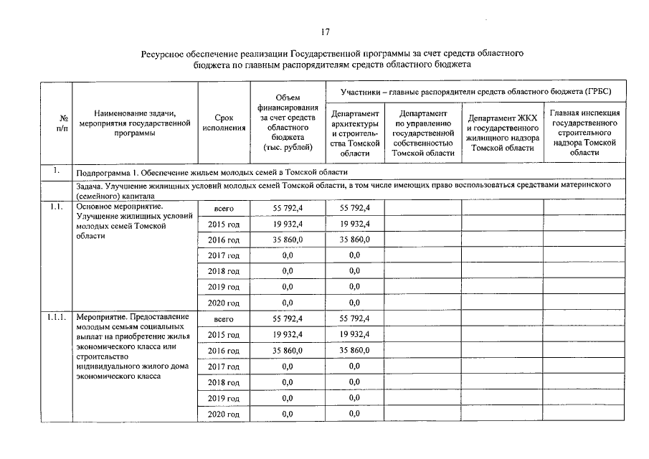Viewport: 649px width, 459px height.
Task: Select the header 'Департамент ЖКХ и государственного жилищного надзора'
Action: [x=501, y=133]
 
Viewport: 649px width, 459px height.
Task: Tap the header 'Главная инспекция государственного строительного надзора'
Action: [x=584, y=133]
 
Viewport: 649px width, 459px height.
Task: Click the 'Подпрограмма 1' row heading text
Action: [x=212, y=173]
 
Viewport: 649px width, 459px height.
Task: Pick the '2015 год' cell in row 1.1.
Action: [x=224, y=224]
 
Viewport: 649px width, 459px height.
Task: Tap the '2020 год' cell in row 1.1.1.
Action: [x=224, y=415]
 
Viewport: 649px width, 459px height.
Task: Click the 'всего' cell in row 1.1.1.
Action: [x=224, y=318]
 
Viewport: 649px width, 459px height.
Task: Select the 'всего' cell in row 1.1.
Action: [x=224, y=209]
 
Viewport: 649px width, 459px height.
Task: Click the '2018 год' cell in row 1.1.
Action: [x=224, y=271]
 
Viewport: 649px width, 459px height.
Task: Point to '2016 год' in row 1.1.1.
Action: [x=224, y=351]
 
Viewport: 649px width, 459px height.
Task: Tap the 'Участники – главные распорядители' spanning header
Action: [x=474, y=92]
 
